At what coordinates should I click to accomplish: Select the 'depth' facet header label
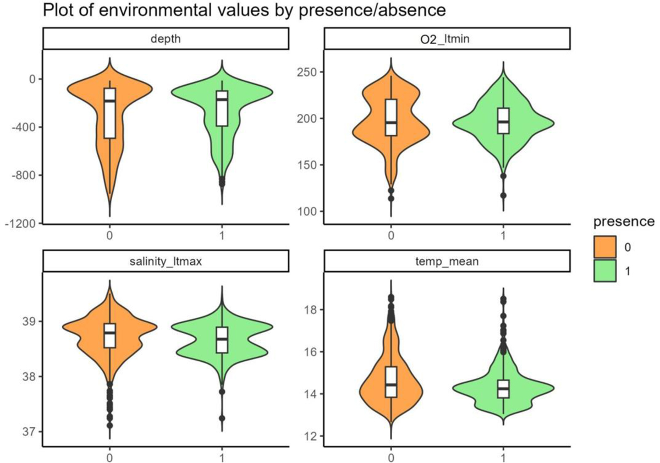165,38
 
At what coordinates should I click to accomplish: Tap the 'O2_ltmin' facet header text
447,38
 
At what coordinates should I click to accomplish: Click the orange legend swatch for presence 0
604,249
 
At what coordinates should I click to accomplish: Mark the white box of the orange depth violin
111,113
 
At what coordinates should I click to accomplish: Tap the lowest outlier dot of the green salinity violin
222,418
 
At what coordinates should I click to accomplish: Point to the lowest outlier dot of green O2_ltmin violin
503,195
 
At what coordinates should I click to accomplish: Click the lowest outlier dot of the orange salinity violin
111,425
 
